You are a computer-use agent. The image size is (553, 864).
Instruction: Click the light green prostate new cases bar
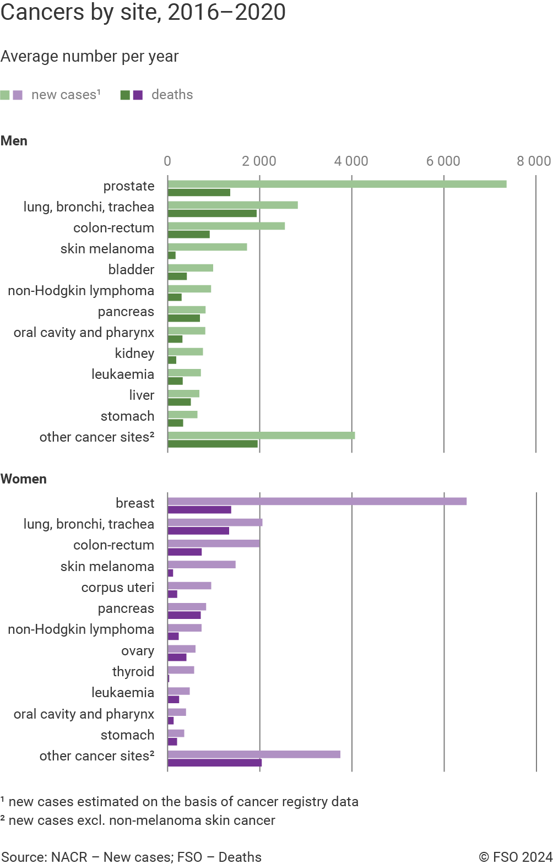coord(337,184)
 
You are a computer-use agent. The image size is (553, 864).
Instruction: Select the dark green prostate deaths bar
coord(199,193)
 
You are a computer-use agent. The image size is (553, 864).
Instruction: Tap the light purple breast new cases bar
coord(317,501)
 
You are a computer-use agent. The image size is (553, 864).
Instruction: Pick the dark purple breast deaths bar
coord(199,510)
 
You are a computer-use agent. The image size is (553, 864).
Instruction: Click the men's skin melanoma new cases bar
coord(208,247)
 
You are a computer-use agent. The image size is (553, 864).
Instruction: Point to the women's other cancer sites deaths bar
coord(215,763)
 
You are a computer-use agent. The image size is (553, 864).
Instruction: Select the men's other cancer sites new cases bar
coord(262,436)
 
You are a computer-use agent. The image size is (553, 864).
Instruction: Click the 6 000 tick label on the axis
coord(443,161)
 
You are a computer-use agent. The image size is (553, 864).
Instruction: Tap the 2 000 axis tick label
coord(259,161)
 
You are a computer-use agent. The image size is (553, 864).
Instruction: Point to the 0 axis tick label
coord(167,161)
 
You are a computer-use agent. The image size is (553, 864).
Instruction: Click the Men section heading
coord(14,141)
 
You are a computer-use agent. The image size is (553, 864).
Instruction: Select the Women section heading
coord(24,479)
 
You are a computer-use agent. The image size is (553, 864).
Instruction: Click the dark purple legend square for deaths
coord(138,95)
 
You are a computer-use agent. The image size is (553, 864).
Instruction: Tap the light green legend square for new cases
coord(5,95)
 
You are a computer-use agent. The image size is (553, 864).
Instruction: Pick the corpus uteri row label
coord(117,588)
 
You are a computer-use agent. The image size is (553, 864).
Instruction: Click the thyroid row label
coord(133,672)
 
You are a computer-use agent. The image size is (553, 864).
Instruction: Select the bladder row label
coord(131,270)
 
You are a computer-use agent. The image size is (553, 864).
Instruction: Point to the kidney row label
coord(134,354)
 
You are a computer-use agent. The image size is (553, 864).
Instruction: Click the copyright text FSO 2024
coord(516,857)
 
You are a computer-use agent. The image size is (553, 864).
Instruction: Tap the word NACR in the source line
coord(69,857)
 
